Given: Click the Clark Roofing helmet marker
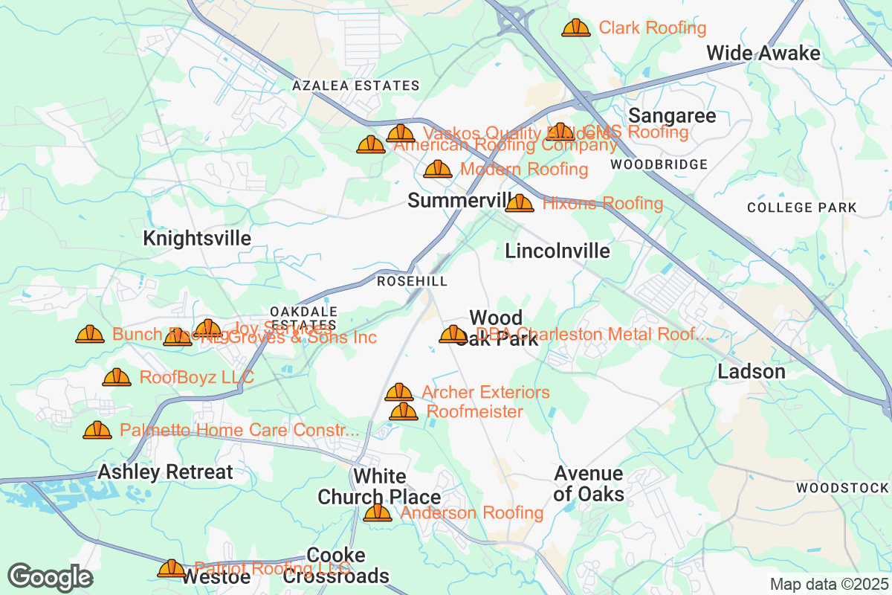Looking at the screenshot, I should (575, 28).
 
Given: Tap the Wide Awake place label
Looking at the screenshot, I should (763, 54).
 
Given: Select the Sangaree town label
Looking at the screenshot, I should (672, 116).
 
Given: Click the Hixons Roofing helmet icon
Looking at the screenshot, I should (519, 203).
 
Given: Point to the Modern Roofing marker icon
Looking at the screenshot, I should (437, 170).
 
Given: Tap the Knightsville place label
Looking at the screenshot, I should (196, 239).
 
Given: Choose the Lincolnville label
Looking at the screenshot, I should (557, 251).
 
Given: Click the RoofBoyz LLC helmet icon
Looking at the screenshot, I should (117, 378).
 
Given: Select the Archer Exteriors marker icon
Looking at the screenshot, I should (398, 392).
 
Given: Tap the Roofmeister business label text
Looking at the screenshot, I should (475, 411).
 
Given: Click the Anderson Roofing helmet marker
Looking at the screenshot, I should (377, 512).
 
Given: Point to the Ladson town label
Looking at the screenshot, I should (751, 372).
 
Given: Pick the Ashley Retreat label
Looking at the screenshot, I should (165, 472).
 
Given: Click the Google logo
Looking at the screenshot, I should (50, 576).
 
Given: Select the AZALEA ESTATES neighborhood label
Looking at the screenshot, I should (355, 86).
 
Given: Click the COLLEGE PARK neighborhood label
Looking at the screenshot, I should (802, 208).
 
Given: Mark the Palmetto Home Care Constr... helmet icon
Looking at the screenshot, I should (97, 430).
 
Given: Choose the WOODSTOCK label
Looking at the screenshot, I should (841, 489).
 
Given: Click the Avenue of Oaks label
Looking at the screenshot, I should (588, 483).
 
